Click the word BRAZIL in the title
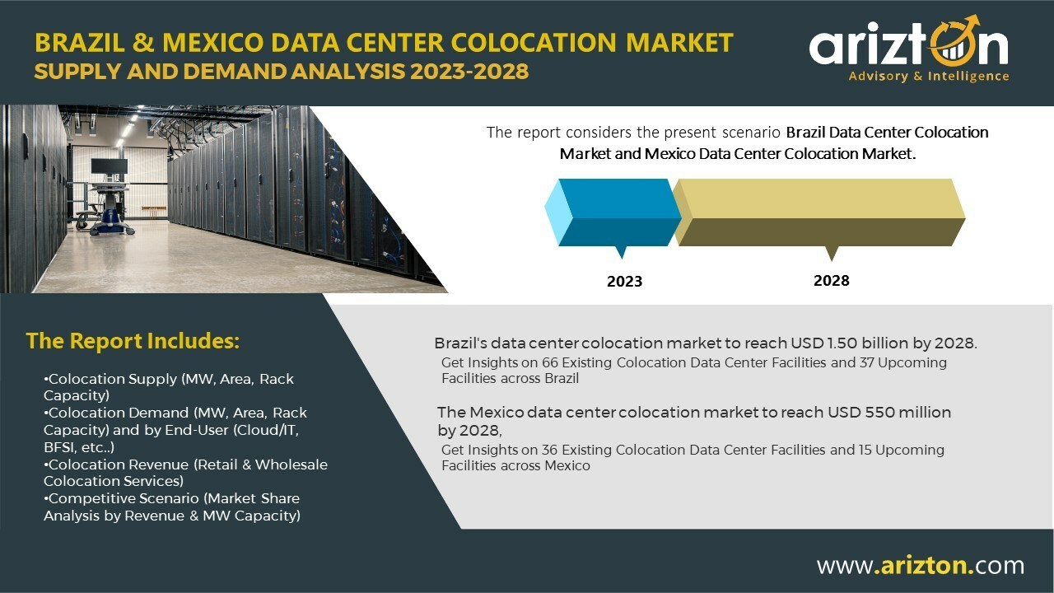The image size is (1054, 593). pyautogui.click(x=80, y=42)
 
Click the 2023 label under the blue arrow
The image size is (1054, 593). pyautogui.click(x=624, y=282)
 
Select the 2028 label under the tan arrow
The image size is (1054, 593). pyautogui.click(x=832, y=281)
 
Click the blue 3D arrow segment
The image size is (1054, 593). pyautogui.click(x=613, y=212)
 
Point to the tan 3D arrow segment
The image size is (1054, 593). pyautogui.click(x=819, y=212)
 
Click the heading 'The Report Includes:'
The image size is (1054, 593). pyautogui.click(x=133, y=341)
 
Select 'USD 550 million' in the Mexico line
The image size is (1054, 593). pyautogui.click(x=889, y=413)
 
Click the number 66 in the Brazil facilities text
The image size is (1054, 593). pyautogui.click(x=549, y=362)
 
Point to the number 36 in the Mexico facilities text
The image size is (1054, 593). pyautogui.click(x=549, y=450)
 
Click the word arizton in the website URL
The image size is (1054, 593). pyautogui.click(x=924, y=565)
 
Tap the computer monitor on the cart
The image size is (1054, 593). pyautogui.click(x=110, y=166)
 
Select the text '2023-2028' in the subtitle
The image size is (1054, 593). pyautogui.click(x=469, y=72)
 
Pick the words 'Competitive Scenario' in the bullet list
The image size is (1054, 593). pyautogui.click(x=124, y=498)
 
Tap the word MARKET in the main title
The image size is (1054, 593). pyautogui.click(x=680, y=42)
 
